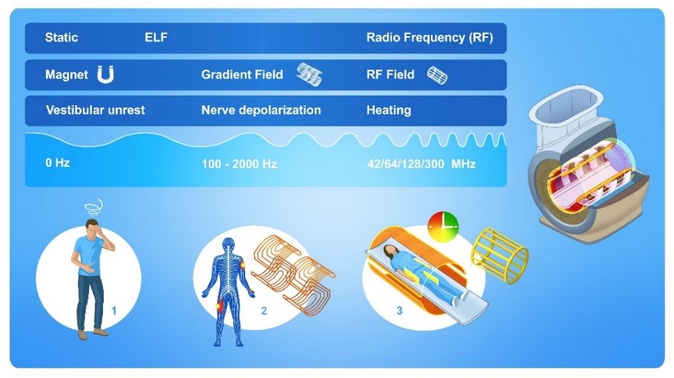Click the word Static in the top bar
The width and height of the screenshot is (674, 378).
click(61, 37)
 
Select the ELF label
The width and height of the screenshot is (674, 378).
click(156, 37)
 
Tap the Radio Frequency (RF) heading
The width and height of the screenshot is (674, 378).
click(430, 38)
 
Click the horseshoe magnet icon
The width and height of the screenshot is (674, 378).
click(105, 74)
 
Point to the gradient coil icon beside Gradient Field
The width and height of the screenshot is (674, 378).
click(310, 74)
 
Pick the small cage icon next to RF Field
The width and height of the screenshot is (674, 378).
click(437, 76)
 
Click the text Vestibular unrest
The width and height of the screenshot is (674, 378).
click(96, 110)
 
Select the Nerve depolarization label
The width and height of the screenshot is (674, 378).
click(261, 110)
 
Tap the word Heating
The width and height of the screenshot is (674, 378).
click(389, 110)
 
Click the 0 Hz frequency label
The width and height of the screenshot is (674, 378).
click(58, 162)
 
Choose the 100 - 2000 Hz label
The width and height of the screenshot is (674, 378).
click(239, 164)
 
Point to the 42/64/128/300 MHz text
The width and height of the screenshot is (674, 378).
click(421, 164)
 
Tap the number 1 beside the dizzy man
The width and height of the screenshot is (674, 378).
click(113, 311)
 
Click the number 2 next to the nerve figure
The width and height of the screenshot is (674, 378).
click(264, 311)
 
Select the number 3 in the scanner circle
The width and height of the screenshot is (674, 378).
click(399, 311)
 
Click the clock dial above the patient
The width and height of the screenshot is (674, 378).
click(443, 226)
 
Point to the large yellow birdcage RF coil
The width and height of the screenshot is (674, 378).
click(499, 256)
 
